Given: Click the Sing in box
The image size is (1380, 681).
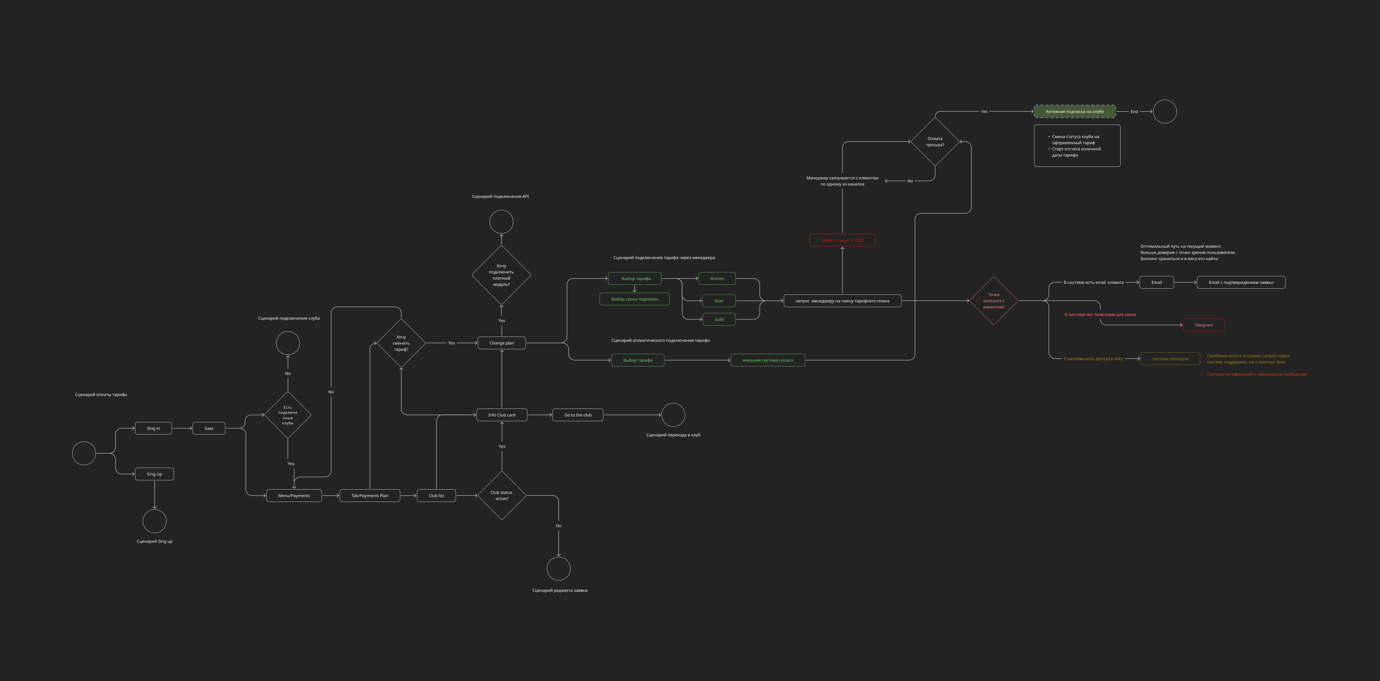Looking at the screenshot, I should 153,428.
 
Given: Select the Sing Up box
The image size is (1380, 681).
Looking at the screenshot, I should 154,474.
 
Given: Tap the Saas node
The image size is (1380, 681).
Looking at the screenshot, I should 209,428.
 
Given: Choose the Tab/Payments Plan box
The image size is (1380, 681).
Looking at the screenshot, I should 370,496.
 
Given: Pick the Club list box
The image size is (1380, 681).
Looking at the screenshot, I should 436,496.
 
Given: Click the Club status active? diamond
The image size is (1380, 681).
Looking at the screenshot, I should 501,496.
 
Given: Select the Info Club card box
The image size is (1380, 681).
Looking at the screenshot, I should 501,415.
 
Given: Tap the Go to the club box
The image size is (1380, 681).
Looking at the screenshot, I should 577,415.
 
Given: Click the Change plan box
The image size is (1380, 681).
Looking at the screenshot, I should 501,343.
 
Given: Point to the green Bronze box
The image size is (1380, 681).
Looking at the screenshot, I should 717,279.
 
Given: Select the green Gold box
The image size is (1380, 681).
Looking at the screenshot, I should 719,319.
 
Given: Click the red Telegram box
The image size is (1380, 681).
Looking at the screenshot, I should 1203,325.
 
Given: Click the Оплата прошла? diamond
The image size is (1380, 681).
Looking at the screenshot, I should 935,141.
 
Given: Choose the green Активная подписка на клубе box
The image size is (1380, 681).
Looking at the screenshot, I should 1075,112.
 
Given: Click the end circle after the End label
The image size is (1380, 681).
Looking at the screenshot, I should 1165,112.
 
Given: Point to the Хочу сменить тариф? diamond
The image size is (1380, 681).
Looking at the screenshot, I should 401,343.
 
